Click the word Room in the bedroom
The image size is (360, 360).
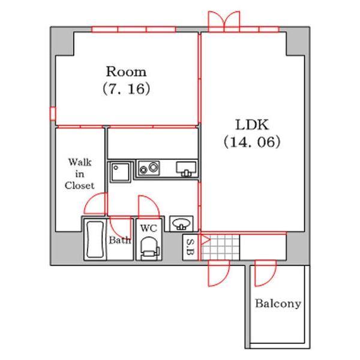126,71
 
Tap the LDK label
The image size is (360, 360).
252,125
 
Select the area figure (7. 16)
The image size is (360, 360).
126,89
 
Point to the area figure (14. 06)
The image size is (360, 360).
252,142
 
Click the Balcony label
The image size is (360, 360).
278,304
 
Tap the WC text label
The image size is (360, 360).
149,228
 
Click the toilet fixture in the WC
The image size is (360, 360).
149,248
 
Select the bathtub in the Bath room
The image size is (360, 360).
95,239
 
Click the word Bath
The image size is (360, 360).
119,240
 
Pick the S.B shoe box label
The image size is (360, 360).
190,247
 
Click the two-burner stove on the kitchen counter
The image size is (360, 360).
149,168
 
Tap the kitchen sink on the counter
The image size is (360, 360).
186,169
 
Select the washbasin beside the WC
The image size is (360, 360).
181,223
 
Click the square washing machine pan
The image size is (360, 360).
121,172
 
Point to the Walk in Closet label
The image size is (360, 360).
79,174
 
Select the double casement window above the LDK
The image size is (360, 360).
224,21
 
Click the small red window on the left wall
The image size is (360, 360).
53,113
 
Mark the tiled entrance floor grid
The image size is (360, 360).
220,247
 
